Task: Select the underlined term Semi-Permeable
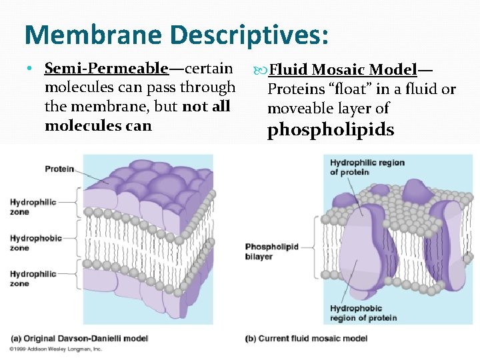coord(106,68)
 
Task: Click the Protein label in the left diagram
coord(59,169)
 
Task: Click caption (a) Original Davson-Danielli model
coord(79,339)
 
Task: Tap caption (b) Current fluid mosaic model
coord(306,339)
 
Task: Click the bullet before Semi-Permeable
coord(31,69)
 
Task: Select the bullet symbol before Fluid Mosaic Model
coord(260,69)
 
